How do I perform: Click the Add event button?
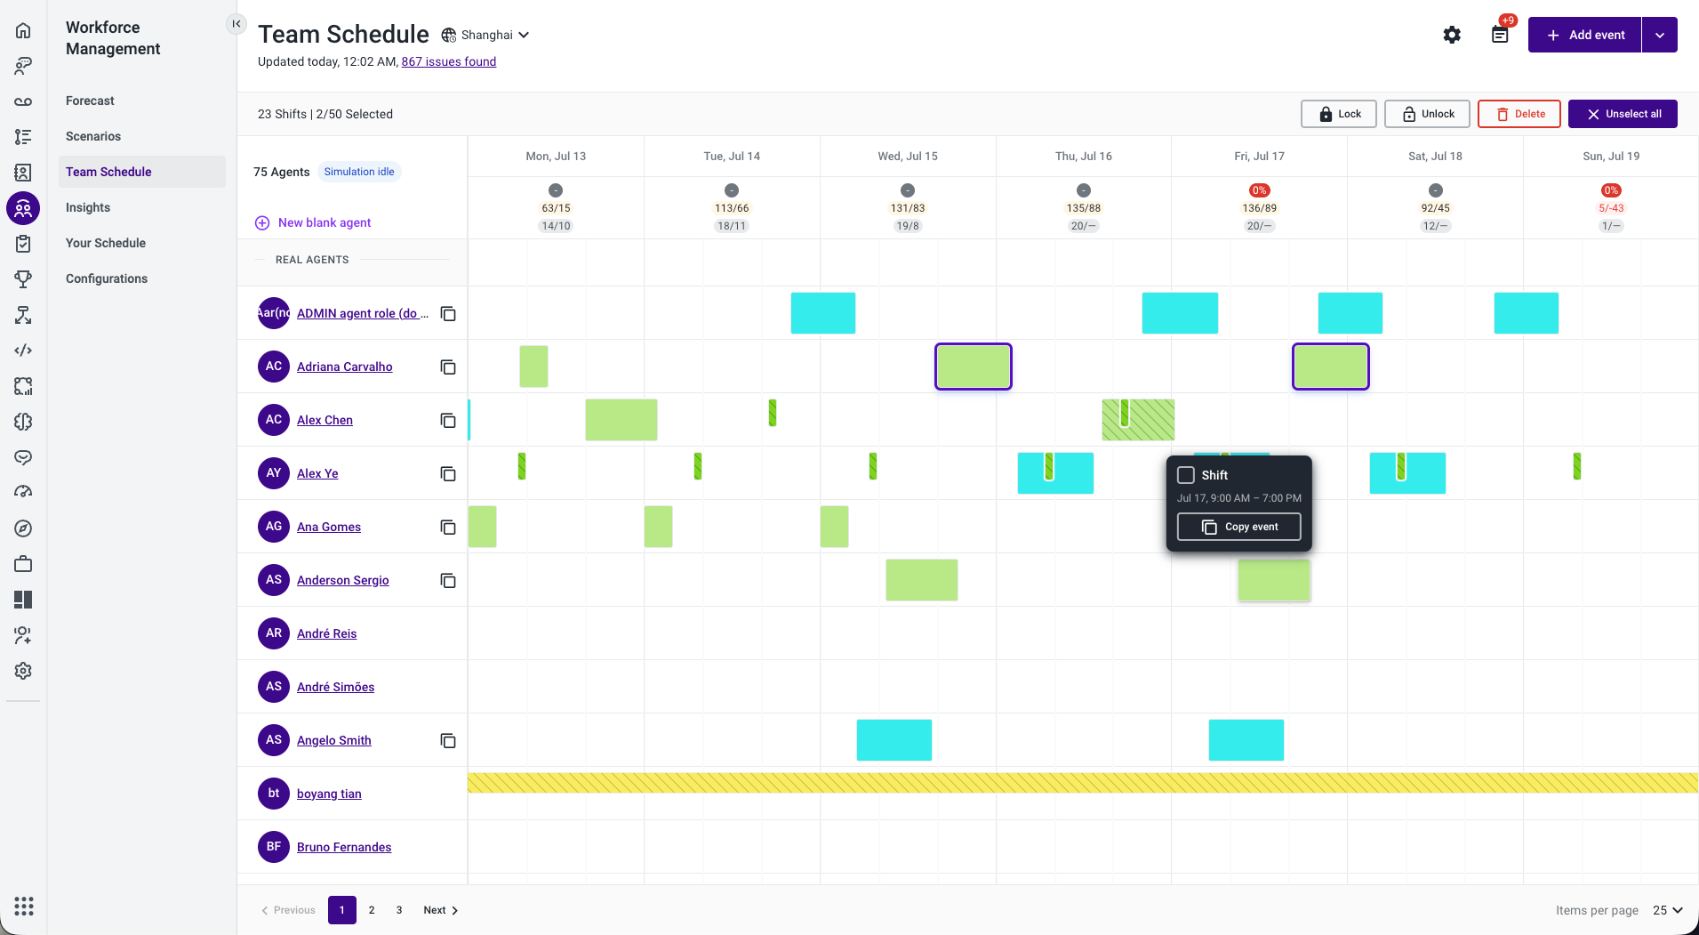[x=1584, y=35]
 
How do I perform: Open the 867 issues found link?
[x=449, y=61]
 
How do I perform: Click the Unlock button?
[x=1427, y=114]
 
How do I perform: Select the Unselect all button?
[x=1623, y=114]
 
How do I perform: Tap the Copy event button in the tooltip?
[x=1238, y=527]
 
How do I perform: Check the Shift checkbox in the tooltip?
[x=1186, y=475]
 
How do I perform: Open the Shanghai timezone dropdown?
[x=486, y=35]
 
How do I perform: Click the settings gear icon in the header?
[x=1452, y=35]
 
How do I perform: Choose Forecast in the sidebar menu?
[x=90, y=101]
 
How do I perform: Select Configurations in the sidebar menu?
[x=107, y=278]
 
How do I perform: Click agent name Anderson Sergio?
[x=343, y=580]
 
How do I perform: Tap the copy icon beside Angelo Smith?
[x=448, y=740]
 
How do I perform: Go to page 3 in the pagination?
[x=399, y=910]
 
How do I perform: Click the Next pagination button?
[x=440, y=910]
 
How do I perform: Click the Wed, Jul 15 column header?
[x=908, y=156]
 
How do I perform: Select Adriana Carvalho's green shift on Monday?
[x=533, y=367]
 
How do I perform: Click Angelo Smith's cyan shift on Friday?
[x=1246, y=740]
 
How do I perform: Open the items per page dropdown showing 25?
[x=1667, y=910]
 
